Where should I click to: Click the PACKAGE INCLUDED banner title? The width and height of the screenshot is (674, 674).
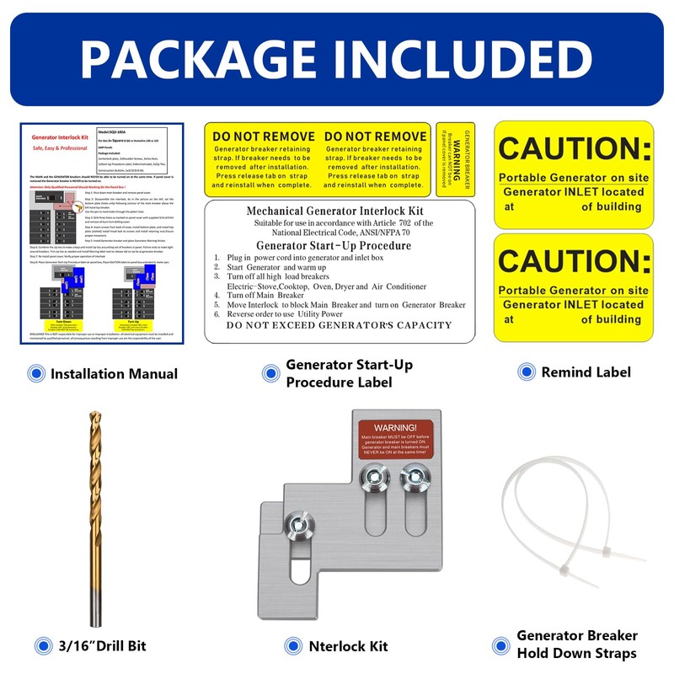tap(337, 58)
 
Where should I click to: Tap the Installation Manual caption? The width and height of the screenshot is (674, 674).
tap(114, 373)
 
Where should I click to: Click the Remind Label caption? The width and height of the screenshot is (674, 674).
tap(585, 372)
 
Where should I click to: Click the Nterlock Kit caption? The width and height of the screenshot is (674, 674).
tap(348, 646)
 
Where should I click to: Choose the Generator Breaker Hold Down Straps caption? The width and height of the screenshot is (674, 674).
tap(576, 644)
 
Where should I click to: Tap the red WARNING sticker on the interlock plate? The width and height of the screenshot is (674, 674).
tap(395, 438)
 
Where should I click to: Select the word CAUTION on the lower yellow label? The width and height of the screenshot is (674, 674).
tap(574, 262)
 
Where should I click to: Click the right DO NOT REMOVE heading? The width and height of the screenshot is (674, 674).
tap(375, 136)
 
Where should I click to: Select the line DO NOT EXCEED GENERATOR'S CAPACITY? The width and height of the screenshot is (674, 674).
tap(338, 325)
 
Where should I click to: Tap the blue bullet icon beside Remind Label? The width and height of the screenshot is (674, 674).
tap(526, 372)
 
